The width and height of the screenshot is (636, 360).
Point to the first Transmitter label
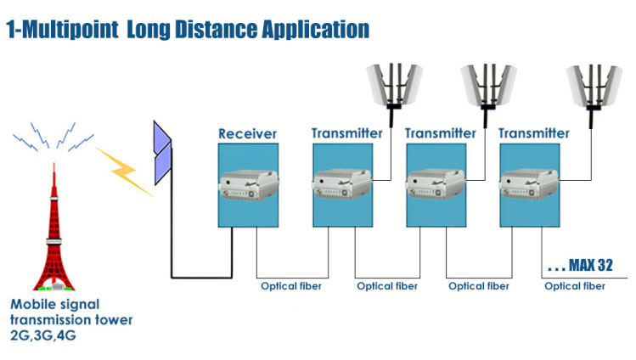click(346, 133)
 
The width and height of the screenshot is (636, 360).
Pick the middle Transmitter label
click(440, 133)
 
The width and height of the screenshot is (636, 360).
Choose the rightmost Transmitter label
click(533, 133)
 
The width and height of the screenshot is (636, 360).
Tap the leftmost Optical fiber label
click(291, 286)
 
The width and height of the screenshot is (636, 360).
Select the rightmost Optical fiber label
click(575, 286)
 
